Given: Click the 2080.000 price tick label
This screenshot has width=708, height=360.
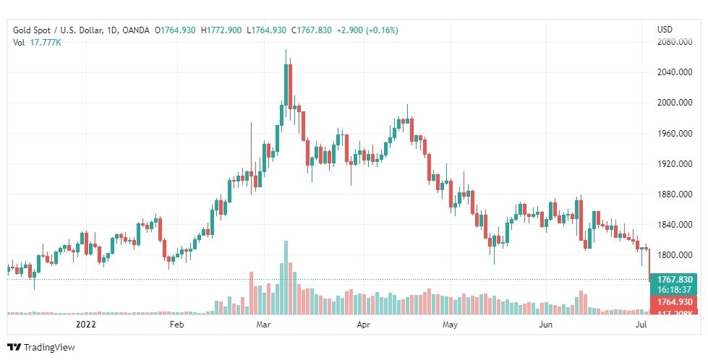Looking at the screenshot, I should pyautogui.click(x=672, y=42).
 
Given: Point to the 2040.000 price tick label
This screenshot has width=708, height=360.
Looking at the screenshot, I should pyautogui.click(x=672, y=72).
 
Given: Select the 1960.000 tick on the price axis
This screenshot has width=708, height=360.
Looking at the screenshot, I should pyautogui.click(x=672, y=133).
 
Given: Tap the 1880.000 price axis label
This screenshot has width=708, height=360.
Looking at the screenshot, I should pyautogui.click(x=672, y=194).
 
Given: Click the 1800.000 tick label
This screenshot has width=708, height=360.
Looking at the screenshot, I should pyautogui.click(x=672, y=254).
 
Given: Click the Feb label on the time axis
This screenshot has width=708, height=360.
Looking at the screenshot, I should pyautogui.click(x=177, y=325).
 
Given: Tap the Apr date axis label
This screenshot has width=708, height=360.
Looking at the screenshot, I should pyautogui.click(x=363, y=325).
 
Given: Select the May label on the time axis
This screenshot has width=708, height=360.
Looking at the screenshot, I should pyautogui.click(x=451, y=325).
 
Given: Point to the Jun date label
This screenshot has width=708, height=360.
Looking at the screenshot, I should pyautogui.click(x=547, y=325).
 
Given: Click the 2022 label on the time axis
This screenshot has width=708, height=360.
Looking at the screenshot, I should pyautogui.click(x=85, y=325).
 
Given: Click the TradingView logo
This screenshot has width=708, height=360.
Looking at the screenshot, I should pyautogui.click(x=41, y=347).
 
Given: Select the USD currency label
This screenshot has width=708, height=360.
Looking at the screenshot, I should pyautogui.click(x=665, y=30).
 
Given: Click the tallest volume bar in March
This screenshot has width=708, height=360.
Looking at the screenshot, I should pyautogui.click(x=286, y=278).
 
